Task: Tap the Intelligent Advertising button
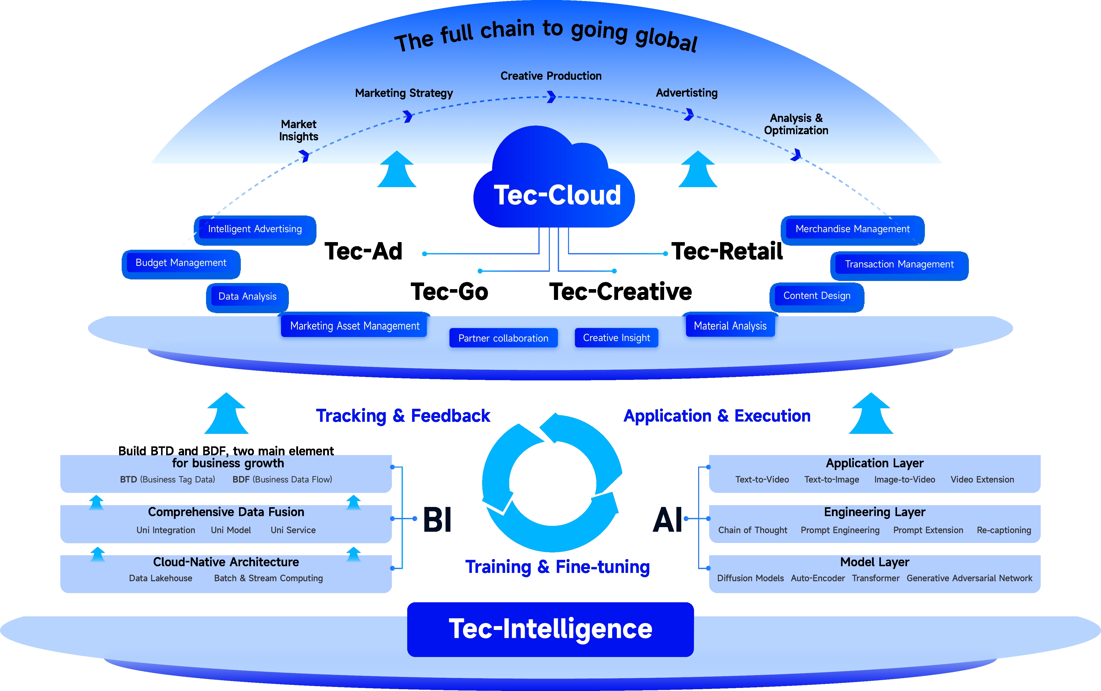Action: coord(255,229)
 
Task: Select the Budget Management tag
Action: coord(181,263)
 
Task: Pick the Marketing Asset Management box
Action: coord(355,326)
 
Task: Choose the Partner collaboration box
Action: coord(503,338)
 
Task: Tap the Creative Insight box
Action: coord(616,338)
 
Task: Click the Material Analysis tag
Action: coord(730,326)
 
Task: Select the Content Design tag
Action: coord(817,296)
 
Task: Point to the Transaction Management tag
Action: coord(899,264)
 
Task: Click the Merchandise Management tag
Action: coord(853,229)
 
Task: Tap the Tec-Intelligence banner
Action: coord(551,629)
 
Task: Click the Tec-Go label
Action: coord(450,292)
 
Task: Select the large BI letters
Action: coord(437,520)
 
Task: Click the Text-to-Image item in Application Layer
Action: coord(832,479)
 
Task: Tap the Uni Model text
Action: coord(231,530)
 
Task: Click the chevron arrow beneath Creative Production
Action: coord(551,97)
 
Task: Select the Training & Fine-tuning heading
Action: coord(557,567)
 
